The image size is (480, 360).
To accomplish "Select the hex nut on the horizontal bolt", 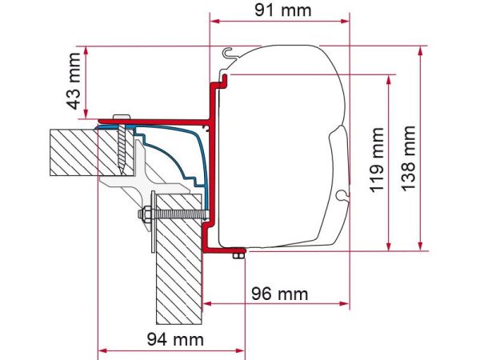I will click(x=147, y=217).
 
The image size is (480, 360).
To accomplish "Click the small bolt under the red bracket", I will click(x=238, y=255).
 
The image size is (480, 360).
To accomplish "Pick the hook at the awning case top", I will click(x=230, y=54).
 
